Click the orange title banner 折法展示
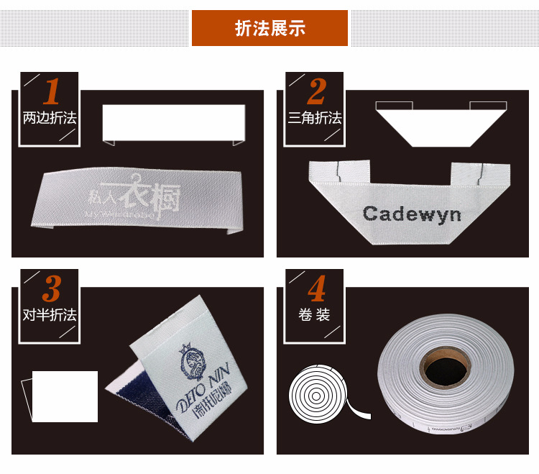click(269, 29)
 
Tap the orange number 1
click(51, 92)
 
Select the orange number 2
click(316, 92)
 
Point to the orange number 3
click(51, 290)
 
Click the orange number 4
click(316, 290)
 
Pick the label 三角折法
click(315, 118)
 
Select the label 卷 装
click(315, 315)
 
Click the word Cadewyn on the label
click(412, 214)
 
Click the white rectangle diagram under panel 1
click(174, 122)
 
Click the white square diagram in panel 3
click(65, 396)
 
